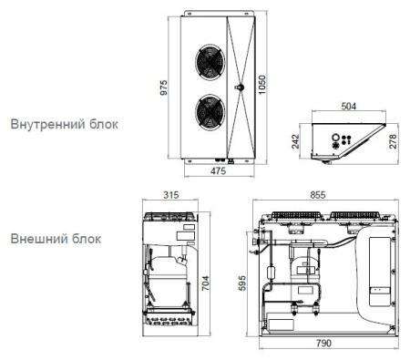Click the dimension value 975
[x=164, y=88]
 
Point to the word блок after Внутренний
[x=103, y=123]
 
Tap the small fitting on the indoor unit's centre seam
[x=240, y=88]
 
